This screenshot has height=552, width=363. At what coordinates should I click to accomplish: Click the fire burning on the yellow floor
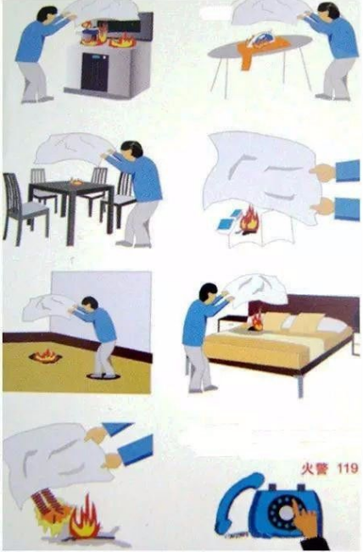[x=45, y=356]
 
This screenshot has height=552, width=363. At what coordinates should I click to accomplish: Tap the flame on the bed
[x=256, y=321]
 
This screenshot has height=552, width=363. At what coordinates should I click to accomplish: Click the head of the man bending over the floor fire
[x=89, y=304]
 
